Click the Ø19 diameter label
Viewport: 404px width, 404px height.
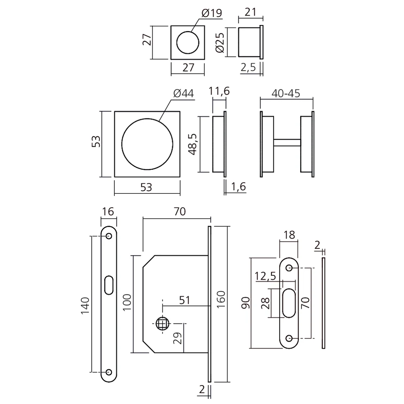tap(211, 13)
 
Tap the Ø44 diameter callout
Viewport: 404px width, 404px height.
tap(183, 94)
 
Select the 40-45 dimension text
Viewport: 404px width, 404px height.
tap(286, 93)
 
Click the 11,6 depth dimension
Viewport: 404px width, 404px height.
tap(219, 91)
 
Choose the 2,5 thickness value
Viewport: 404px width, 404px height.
tap(248, 67)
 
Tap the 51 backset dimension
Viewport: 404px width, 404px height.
tap(184, 300)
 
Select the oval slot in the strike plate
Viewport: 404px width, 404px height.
tap(289, 303)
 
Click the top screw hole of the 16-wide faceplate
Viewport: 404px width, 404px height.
tap(109, 236)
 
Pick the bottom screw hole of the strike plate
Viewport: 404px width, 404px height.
tap(289, 338)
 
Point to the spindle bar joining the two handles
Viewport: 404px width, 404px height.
tap(287, 143)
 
